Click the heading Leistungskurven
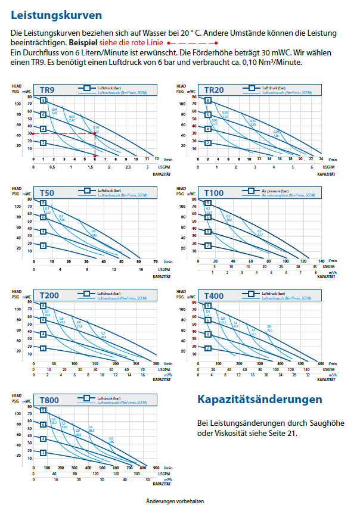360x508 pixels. pyautogui.click(x=56, y=15)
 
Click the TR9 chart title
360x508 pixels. pyautogui.click(x=47, y=90)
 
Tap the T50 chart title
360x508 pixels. pyautogui.click(x=47, y=193)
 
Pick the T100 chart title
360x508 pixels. pyautogui.click(x=214, y=193)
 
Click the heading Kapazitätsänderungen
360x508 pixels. pyautogui.click(x=259, y=398)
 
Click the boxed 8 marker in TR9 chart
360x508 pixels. pyautogui.click(x=43, y=100)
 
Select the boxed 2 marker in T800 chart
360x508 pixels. pyautogui.click(x=43, y=453)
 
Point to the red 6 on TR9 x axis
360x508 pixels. pyautogui.click(x=94, y=159)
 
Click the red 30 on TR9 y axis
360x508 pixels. pyautogui.click(x=29, y=134)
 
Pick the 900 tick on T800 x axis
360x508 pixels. pyautogui.click(x=156, y=469)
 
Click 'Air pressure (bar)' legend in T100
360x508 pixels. pyautogui.click(x=275, y=191)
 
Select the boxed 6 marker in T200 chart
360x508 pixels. pyautogui.click(x=43, y=320)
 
